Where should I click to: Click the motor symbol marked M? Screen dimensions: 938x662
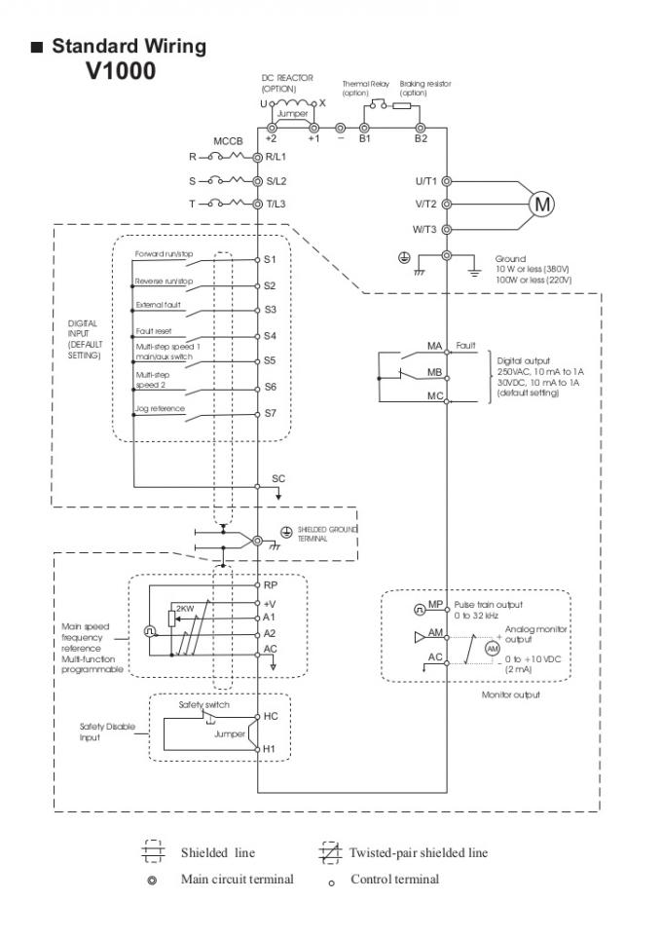click(540, 204)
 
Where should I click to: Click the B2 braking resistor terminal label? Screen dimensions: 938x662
click(420, 139)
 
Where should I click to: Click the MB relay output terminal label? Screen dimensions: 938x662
click(435, 371)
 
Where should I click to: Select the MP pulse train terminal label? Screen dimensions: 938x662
click(435, 606)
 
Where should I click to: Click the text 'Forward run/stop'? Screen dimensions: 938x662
click(164, 253)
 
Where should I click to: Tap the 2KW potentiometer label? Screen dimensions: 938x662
click(184, 607)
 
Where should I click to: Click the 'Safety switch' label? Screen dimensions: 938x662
click(202, 702)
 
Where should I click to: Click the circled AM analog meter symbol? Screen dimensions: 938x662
click(493, 649)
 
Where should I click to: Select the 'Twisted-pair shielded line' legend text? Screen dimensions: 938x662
click(418, 852)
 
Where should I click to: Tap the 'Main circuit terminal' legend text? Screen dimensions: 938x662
click(237, 879)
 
